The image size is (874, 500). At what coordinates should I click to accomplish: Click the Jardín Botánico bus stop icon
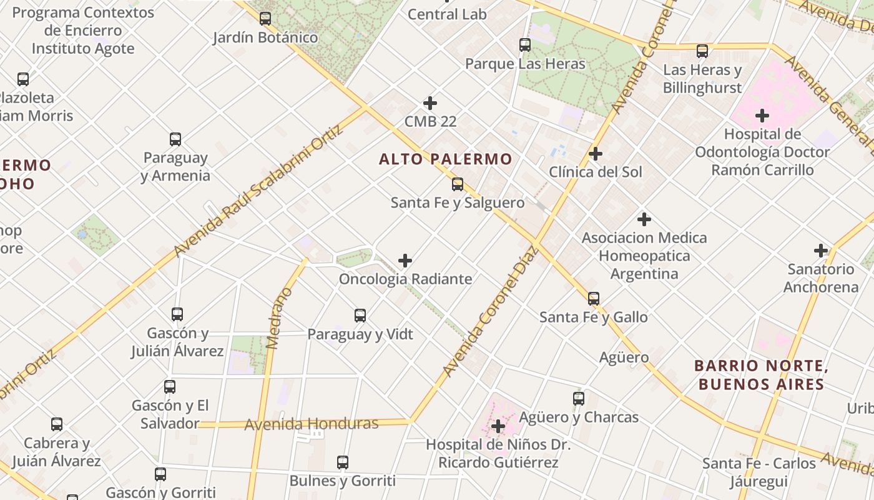[265, 19]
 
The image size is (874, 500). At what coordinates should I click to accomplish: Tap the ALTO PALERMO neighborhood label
[445, 159]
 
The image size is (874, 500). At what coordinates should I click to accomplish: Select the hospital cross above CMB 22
[430, 103]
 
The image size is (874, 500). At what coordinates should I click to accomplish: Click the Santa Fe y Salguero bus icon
[458, 184]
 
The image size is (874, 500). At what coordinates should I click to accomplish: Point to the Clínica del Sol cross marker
[596, 153]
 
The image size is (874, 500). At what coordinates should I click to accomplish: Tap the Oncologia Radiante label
[405, 279]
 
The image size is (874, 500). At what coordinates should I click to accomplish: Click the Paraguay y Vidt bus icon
[360, 316]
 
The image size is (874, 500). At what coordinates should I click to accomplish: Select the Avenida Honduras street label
[311, 424]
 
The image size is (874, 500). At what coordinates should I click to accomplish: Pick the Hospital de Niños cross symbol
[498, 427]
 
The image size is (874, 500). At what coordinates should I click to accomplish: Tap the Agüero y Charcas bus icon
[579, 399]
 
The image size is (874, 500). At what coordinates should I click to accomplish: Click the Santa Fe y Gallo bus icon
[594, 299]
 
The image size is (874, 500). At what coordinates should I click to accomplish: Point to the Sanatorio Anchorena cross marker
[821, 251]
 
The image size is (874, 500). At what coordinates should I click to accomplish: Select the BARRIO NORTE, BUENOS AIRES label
[761, 374]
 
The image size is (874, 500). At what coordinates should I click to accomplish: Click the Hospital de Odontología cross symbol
[762, 116]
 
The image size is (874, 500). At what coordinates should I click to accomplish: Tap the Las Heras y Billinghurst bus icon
[702, 51]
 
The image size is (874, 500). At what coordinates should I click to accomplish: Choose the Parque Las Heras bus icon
[525, 45]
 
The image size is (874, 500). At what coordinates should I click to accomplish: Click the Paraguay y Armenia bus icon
[175, 139]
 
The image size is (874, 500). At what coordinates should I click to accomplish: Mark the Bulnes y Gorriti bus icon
[343, 462]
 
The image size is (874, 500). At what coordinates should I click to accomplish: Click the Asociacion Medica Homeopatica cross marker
[644, 219]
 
